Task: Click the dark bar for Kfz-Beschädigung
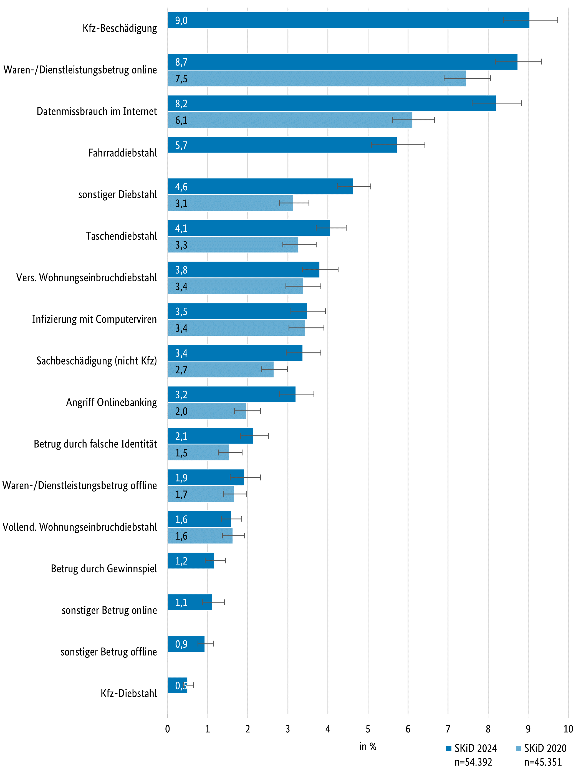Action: (x=348, y=20)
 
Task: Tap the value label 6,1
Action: (x=181, y=120)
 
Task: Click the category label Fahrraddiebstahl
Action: (x=122, y=153)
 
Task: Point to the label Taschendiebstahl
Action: (x=121, y=236)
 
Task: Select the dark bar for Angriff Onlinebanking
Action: (x=231, y=394)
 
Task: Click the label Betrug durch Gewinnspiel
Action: (x=104, y=569)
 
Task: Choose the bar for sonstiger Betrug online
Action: (x=190, y=602)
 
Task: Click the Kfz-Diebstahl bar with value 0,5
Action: (x=177, y=686)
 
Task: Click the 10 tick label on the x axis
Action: (x=568, y=729)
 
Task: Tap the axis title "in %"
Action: (x=368, y=746)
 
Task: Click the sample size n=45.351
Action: (x=543, y=762)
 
